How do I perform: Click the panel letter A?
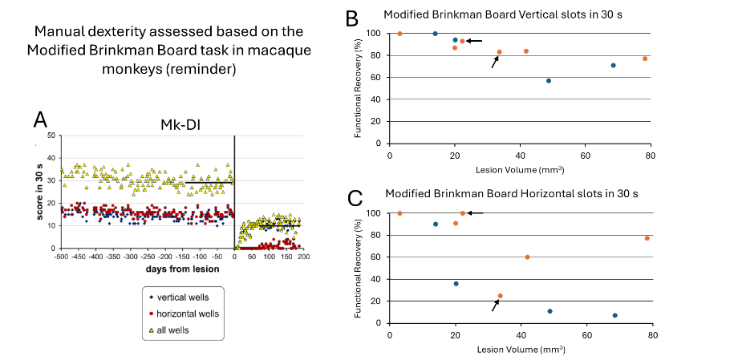click(x=41, y=120)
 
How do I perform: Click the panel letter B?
click(x=351, y=15)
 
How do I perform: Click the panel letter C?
click(x=351, y=197)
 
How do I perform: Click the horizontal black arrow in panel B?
click(x=474, y=41)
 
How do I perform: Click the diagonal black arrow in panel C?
click(x=495, y=305)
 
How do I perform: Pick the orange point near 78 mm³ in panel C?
click(x=647, y=238)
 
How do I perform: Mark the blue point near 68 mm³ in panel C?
click(x=614, y=315)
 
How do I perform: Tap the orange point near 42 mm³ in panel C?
click(x=527, y=257)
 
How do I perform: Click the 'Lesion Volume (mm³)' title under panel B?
click(x=519, y=169)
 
